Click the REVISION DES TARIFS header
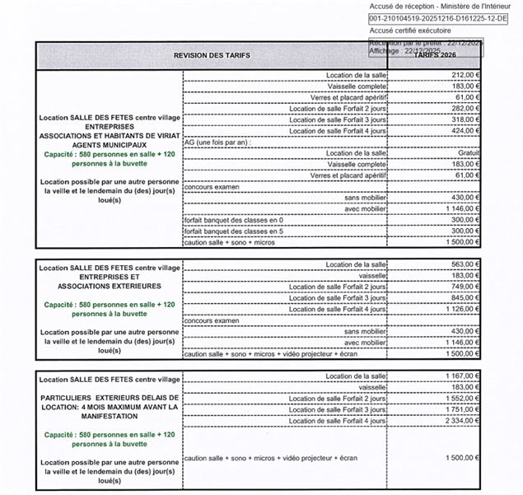click(x=212, y=54)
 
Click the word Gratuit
click(x=467, y=153)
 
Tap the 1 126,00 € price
click(x=462, y=309)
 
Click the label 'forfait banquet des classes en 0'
click(x=234, y=220)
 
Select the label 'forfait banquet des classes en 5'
click(x=234, y=231)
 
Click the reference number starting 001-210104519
click(x=433, y=17)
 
